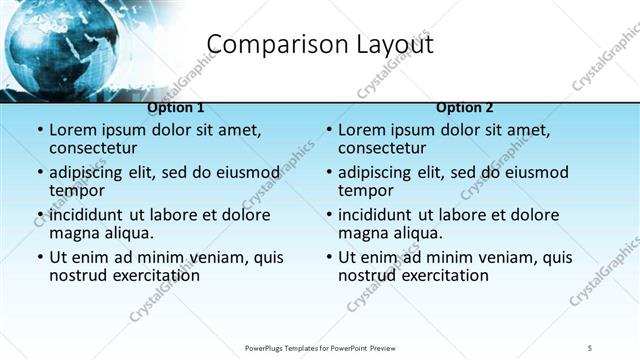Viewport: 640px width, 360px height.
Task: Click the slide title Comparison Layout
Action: tap(319, 45)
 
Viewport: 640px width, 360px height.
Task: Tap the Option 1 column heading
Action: tap(176, 107)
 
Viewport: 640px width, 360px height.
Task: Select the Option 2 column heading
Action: tap(465, 107)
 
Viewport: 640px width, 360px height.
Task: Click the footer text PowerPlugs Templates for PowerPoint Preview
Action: tap(320, 348)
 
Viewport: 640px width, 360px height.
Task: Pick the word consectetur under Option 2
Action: tap(384, 148)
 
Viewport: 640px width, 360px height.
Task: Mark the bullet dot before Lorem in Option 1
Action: tap(39, 131)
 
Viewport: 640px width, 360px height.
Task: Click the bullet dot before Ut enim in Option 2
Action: tap(328, 257)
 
